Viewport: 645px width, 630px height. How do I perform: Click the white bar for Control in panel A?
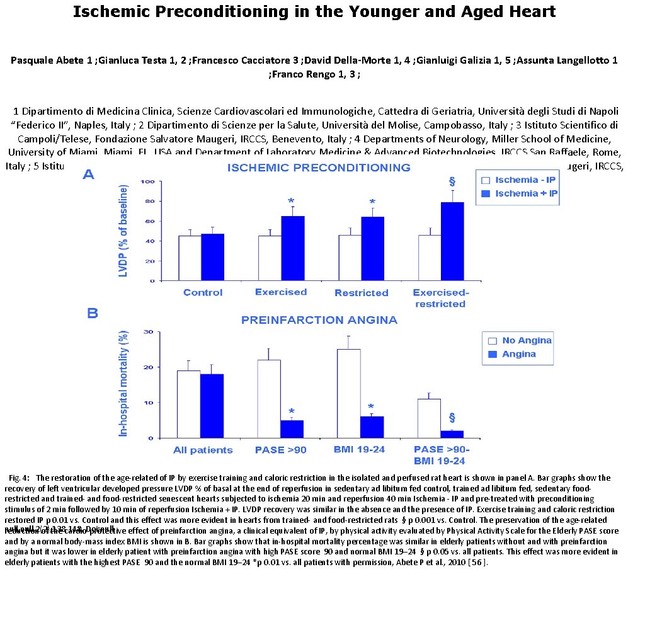tap(190, 258)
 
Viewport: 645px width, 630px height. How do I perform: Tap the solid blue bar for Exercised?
tap(292, 248)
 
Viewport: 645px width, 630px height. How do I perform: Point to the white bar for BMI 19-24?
tap(349, 393)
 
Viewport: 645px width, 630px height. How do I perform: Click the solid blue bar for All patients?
tap(212, 406)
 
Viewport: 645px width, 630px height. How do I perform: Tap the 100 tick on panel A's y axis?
tap(148, 182)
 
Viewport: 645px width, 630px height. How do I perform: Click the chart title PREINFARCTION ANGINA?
tap(319, 320)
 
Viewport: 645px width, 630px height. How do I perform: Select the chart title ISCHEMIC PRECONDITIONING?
tap(319, 168)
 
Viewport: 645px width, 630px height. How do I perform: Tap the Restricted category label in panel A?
tap(361, 293)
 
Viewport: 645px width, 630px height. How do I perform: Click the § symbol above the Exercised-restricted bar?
tap(452, 181)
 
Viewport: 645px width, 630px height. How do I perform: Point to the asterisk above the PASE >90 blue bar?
tap(291, 411)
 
